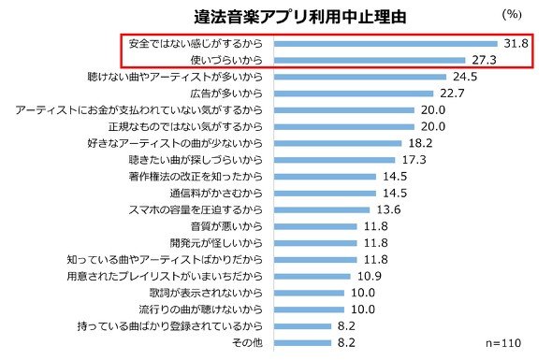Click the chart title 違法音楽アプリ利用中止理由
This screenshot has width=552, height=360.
click(x=300, y=17)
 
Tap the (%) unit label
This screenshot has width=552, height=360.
click(x=512, y=14)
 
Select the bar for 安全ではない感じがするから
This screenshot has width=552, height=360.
click(x=385, y=44)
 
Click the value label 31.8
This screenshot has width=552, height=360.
click(x=516, y=43)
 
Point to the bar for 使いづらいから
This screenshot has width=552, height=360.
click(x=370, y=60)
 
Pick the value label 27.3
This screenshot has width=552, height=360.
click(x=484, y=60)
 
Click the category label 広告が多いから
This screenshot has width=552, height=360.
click(x=226, y=94)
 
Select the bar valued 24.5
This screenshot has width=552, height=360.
click(x=360, y=77)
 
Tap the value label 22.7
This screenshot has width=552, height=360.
click(x=452, y=94)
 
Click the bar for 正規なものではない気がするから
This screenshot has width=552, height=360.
click(x=344, y=126)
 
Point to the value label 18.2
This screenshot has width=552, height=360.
click(x=420, y=143)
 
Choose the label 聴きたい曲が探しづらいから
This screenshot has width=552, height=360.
click(x=196, y=160)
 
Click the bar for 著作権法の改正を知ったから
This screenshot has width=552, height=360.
click(x=325, y=177)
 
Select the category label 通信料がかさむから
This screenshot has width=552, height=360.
click(x=216, y=194)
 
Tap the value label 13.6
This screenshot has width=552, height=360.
click(x=388, y=209)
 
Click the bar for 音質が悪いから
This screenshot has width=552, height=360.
click(x=315, y=226)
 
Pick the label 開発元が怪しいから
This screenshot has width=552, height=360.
click(x=216, y=243)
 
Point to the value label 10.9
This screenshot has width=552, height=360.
click(x=370, y=276)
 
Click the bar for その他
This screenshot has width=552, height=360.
click(x=303, y=343)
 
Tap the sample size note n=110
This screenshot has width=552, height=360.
click(x=503, y=343)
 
